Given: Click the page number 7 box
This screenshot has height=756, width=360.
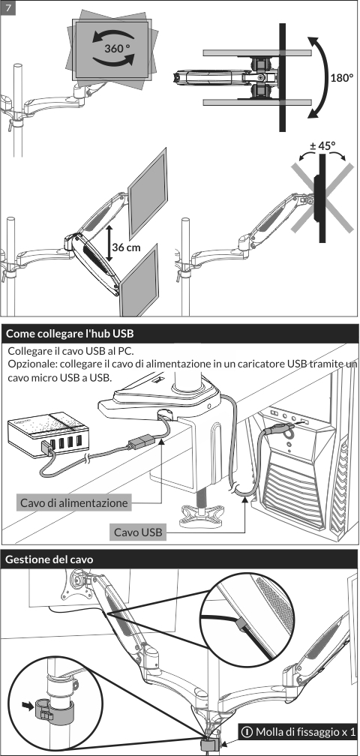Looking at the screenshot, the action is [8, 8].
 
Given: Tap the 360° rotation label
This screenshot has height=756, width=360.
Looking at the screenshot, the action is [118, 48].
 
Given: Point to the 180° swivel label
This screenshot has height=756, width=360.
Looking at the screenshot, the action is [342, 78].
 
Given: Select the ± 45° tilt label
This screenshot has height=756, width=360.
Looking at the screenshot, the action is [322, 145].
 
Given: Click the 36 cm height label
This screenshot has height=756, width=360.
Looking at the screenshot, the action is [127, 247].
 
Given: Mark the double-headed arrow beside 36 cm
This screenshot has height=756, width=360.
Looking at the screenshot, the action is [109, 244].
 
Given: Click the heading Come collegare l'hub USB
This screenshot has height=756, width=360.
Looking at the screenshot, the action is [70, 334].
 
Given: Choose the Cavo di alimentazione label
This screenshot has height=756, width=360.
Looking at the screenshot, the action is [74, 502].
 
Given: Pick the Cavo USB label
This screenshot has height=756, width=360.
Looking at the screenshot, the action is [138, 532].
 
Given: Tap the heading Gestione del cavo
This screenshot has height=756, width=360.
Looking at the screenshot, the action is [49, 559].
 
